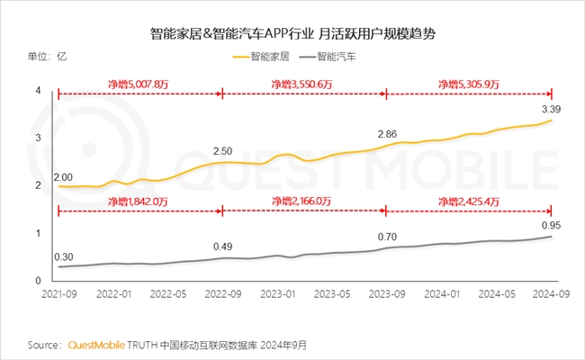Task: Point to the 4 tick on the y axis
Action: pyautogui.click(x=39, y=90)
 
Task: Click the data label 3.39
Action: pyautogui.click(x=551, y=109)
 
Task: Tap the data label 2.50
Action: pyautogui.click(x=222, y=150)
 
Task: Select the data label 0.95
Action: pyautogui.click(x=551, y=224)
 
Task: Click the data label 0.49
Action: pyautogui.click(x=222, y=246)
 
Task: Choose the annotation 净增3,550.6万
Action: pyautogui.click(x=302, y=84)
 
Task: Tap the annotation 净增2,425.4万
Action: pyautogui.click(x=468, y=202)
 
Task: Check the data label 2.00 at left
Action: pyautogui.click(x=63, y=175)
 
